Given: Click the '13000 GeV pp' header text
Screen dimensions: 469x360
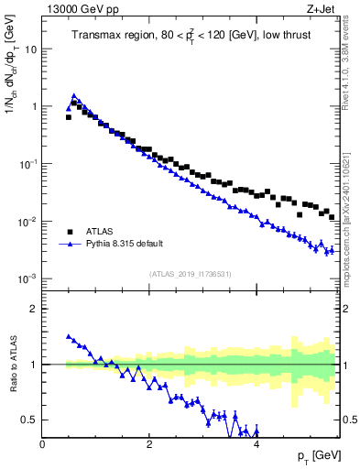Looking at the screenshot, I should tap(77, 9).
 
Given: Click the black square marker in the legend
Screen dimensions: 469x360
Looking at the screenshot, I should tap(71, 232).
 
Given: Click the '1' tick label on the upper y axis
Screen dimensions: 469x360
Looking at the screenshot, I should tap(35, 106).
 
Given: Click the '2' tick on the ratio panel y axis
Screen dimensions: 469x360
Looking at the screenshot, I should tap(35, 309).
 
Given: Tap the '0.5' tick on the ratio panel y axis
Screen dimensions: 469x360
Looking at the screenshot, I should tap(30, 420).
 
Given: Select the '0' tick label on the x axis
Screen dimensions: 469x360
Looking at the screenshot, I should tap(42, 444).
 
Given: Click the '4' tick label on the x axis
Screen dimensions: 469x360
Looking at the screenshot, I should tap(256, 444).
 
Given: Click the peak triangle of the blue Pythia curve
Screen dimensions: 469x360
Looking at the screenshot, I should tap(74, 95).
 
